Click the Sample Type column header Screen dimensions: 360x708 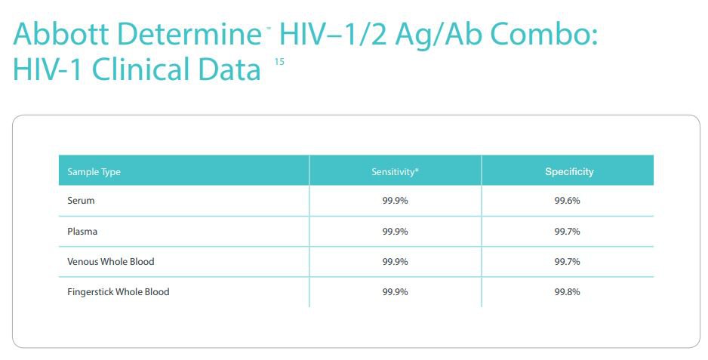pyautogui.click(x=94, y=172)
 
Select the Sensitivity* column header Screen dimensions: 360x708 pyautogui.click(x=395, y=172)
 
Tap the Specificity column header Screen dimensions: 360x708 pyautogui.click(x=569, y=172)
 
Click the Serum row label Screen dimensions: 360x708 pyautogui.click(x=81, y=202)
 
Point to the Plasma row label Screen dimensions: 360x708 pyautogui.click(x=82, y=232)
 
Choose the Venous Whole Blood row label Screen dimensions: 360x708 pyautogui.click(x=110, y=262)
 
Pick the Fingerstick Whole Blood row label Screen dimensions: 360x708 pyautogui.click(x=119, y=292)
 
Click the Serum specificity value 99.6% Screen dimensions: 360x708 pyautogui.click(x=567, y=202)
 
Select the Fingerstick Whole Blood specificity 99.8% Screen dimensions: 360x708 pyautogui.click(x=567, y=292)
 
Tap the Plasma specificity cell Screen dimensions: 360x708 pyautogui.click(x=567, y=232)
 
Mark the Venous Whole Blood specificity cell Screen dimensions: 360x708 pyautogui.click(x=567, y=262)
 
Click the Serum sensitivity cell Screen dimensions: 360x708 pyautogui.click(x=395, y=202)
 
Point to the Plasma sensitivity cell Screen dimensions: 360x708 pyautogui.click(x=395, y=232)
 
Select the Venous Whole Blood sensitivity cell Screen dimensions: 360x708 pyautogui.click(x=395, y=262)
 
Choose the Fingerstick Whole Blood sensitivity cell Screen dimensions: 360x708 pyautogui.click(x=395, y=292)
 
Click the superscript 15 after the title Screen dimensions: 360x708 pyautogui.click(x=279, y=62)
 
